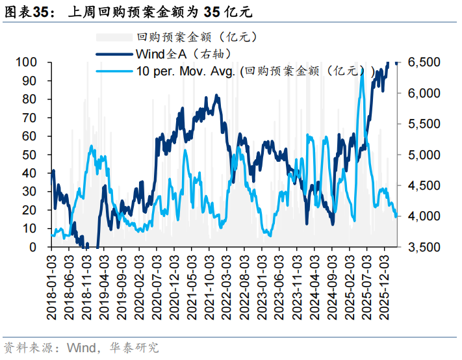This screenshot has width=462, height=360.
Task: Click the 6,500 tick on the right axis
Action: click(x=424, y=62)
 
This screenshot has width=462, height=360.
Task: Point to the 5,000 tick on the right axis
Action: click(x=424, y=155)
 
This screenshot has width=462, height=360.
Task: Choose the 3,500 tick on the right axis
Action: click(x=424, y=247)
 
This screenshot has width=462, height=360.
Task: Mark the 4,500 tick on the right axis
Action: click(x=424, y=186)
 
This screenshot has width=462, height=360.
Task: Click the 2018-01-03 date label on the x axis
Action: click(x=52, y=287)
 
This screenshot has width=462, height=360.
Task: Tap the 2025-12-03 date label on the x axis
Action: click(x=384, y=287)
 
